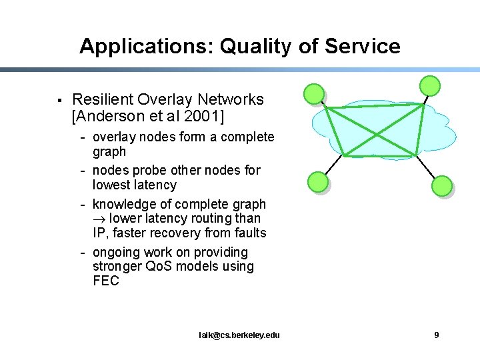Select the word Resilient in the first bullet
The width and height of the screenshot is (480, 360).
coord(102,100)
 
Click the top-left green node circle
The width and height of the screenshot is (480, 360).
coord(313,95)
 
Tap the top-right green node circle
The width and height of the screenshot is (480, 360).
coord(430,85)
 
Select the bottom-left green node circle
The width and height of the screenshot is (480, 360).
coord(317,181)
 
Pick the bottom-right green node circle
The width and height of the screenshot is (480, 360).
coord(442,186)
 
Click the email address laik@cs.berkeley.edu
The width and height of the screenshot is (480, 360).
coord(239,335)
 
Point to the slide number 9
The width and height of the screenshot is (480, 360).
coord(437,335)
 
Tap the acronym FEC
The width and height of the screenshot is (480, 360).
coord(106,281)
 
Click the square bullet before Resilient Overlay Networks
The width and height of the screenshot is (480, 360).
coord(60,101)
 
